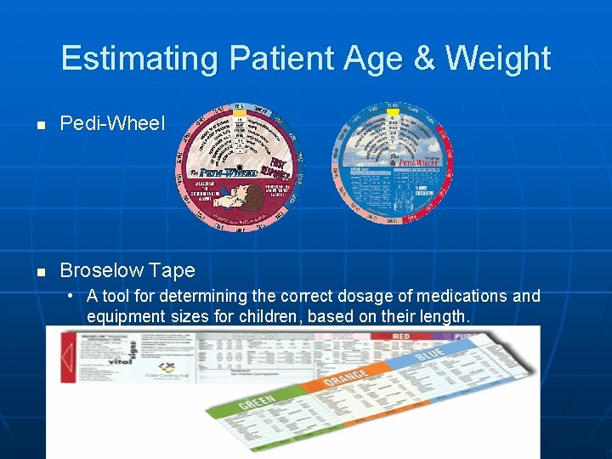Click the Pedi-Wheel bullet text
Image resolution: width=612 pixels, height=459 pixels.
(x=112, y=124)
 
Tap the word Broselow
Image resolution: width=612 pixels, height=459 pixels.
(x=102, y=270)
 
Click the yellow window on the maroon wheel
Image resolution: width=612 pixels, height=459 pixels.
(x=240, y=113)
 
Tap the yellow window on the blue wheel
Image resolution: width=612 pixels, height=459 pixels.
(x=392, y=111)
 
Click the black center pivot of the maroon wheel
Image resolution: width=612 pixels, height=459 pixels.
(x=240, y=167)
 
